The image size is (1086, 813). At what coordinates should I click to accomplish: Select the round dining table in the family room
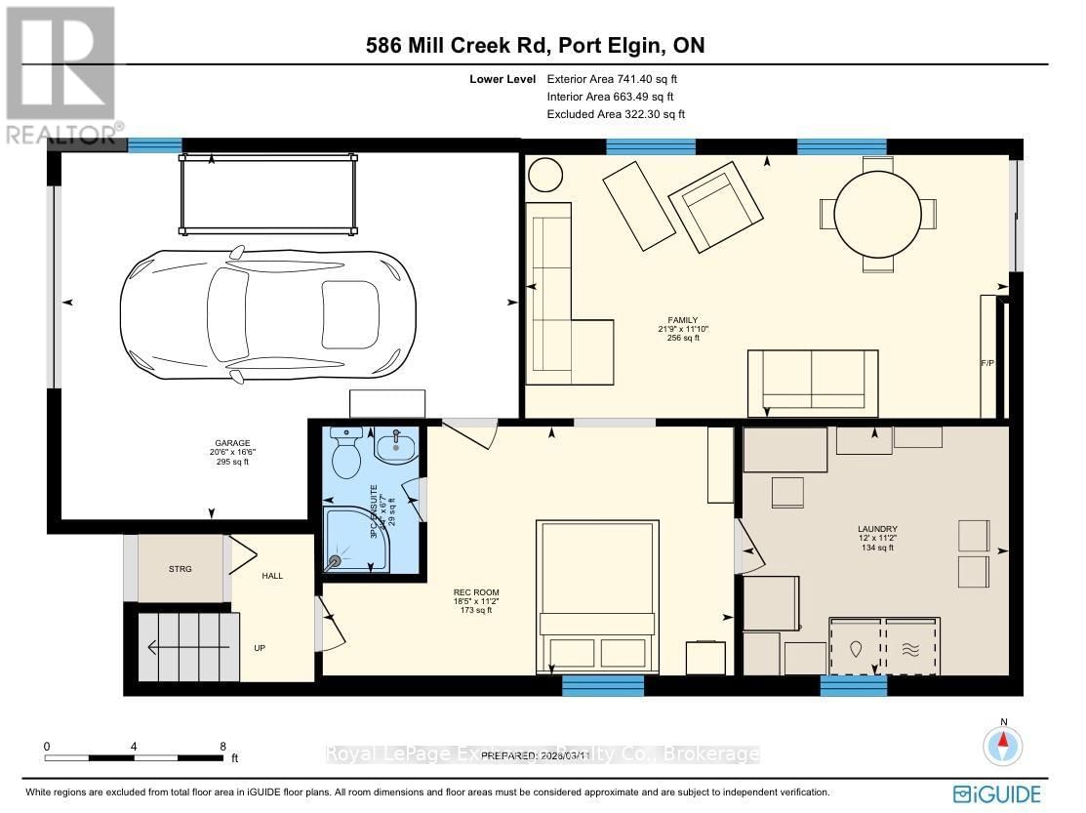pyautogui.click(x=878, y=214)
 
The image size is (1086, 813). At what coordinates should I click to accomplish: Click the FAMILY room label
pyautogui.click(x=682, y=319)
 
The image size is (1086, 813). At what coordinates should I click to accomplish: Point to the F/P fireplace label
pyautogui.click(x=986, y=362)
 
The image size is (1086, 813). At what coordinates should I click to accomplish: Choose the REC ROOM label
pyautogui.click(x=470, y=592)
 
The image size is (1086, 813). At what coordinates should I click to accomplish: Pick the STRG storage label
pyautogui.click(x=181, y=568)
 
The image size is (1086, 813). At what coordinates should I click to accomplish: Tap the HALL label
pyautogui.click(x=272, y=576)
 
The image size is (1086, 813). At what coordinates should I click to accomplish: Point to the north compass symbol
pyautogui.click(x=1002, y=746)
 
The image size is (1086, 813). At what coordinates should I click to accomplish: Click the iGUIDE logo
pyautogui.click(x=997, y=793)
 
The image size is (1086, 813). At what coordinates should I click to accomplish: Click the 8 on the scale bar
pyautogui.click(x=223, y=746)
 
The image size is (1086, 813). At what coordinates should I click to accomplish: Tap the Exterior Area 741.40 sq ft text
pyautogui.click(x=610, y=79)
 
